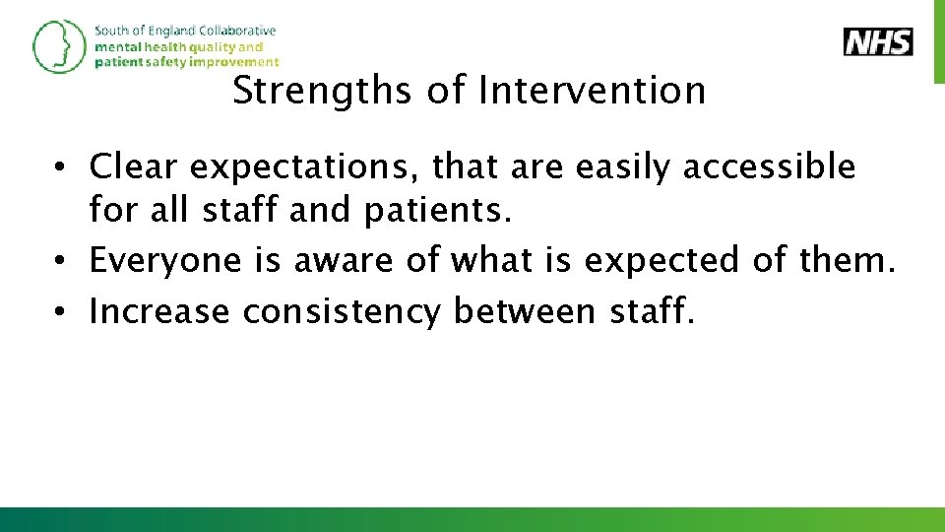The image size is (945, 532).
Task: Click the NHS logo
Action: coord(878,42)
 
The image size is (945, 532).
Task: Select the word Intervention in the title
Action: coord(592,92)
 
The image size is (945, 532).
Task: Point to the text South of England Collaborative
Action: coord(185,31)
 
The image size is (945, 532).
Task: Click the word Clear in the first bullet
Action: coord(135,167)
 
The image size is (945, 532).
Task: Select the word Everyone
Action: coord(165,261)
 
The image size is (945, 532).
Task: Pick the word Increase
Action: coord(161,312)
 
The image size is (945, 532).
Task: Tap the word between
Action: coord(524,312)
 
